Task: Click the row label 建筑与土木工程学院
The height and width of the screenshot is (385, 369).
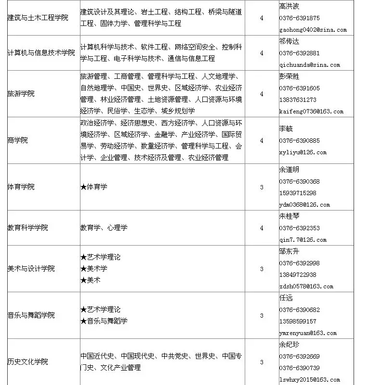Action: point(38,18)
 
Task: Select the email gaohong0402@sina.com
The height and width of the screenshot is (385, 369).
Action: point(313,30)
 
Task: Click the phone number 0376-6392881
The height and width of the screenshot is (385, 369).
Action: point(299,53)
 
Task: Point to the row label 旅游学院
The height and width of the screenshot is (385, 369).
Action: point(21,94)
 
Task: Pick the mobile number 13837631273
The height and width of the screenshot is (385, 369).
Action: point(298,100)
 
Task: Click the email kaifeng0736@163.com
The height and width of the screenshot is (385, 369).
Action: point(311,112)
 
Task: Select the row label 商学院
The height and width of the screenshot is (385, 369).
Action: point(18,140)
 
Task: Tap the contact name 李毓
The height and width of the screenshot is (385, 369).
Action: point(286,129)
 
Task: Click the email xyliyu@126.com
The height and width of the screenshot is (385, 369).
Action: point(303,152)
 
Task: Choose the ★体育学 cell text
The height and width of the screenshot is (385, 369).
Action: point(94,186)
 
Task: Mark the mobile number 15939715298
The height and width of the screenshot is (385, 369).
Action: point(298,193)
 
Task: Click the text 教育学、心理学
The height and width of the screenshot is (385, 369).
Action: point(104,228)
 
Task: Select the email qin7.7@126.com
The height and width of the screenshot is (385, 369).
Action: point(303,240)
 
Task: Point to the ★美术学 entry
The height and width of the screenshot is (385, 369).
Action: point(94,268)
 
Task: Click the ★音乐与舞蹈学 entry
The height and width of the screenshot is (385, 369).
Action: point(104,321)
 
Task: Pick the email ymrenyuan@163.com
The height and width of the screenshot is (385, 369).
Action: point(308,333)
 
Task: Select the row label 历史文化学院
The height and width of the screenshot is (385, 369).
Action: point(28,361)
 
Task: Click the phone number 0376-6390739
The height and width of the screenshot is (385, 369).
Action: point(299,368)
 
